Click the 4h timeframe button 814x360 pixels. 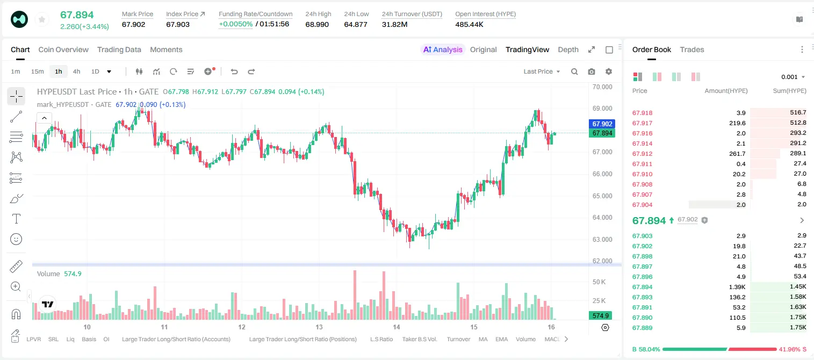pyautogui.click(x=76, y=71)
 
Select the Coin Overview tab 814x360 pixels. pyautogui.click(x=63, y=50)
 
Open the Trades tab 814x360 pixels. pyautogui.click(x=692, y=50)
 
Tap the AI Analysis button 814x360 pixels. pyautogui.click(x=443, y=50)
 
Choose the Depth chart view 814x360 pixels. pyautogui.click(x=568, y=50)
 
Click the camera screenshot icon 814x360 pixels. pyautogui.click(x=592, y=71)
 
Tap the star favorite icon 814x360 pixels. pyautogui.click(x=42, y=20)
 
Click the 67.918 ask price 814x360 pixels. pyautogui.click(x=642, y=113)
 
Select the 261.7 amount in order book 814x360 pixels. pyautogui.click(x=737, y=154)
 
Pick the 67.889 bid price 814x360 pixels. pyautogui.click(x=642, y=328)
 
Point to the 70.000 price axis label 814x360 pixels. pyautogui.click(x=602, y=87)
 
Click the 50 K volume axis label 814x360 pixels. pyautogui.click(x=599, y=282)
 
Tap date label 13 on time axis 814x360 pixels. pyautogui.click(x=319, y=327)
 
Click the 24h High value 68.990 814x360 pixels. pyautogui.click(x=317, y=24)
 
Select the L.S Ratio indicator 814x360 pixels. pyautogui.click(x=381, y=339)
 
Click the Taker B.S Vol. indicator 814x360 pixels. pyautogui.click(x=419, y=339)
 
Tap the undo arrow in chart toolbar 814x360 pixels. pyautogui.click(x=234, y=71)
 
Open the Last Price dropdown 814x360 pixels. pyautogui.click(x=542, y=71)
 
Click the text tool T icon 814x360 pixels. pyautogui.click(x=16, y=219)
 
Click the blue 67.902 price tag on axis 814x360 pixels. pyautogui.click(x=602, y=124)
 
